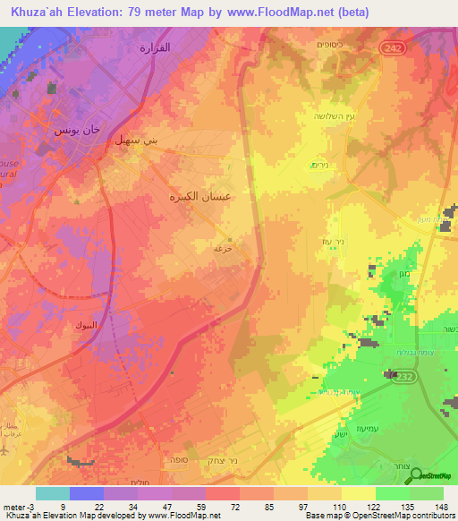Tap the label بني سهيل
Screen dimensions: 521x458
pyautogui.click(x=131, y=141)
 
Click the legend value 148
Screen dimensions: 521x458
pyautogui.click(x=442, y=506)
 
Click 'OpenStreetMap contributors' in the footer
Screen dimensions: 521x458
pyautogui.click(x=402, y=516)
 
